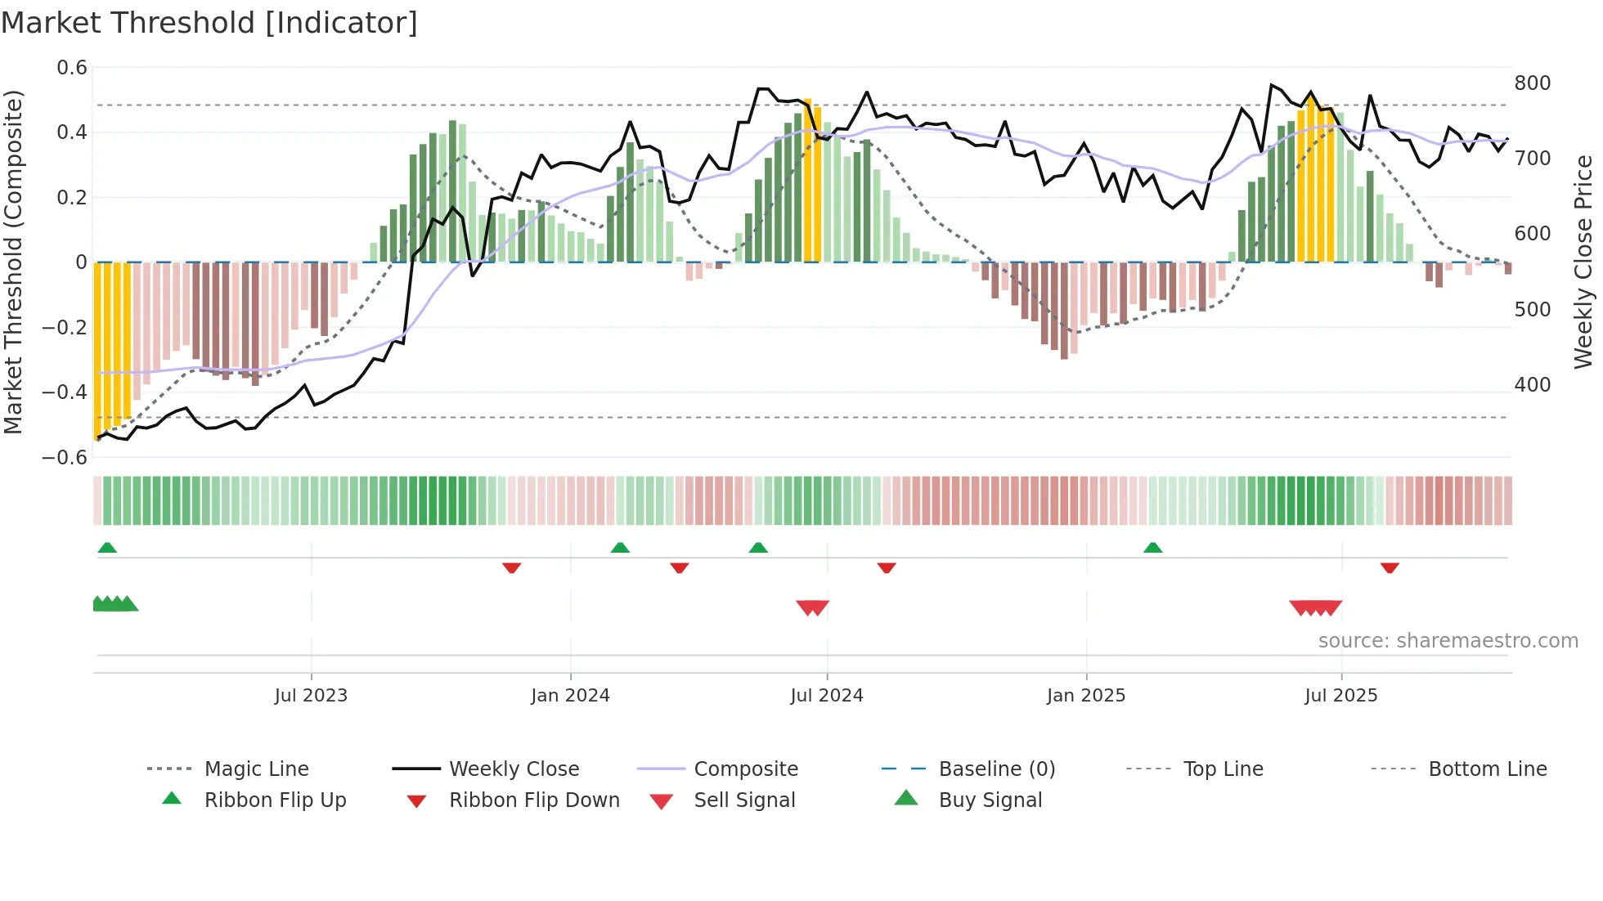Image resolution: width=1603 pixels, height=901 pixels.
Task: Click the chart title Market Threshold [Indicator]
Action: (x=209, y=23)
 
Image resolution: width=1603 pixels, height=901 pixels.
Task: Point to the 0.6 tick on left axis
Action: (x=72, y=68)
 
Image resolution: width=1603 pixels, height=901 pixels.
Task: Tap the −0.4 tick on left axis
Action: (x=65, y=392)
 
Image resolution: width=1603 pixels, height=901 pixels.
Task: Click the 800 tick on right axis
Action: (x=1532, y=83)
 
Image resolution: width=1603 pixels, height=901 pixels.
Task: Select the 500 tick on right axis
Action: (x=1532, y=310)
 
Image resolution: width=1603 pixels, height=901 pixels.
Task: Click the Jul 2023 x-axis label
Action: (x=311, y=696)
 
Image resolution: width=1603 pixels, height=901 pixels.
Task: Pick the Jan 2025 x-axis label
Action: (x=1085, y=696)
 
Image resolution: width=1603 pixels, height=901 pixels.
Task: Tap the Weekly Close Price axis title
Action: (x=1583, y=262)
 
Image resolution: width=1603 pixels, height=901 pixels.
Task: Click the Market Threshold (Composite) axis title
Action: (x=13, y=262)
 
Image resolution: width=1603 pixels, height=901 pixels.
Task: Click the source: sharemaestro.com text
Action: (x=1448, y=641)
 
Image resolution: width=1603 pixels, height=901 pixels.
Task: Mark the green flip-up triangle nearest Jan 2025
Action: (x=1152, y=548)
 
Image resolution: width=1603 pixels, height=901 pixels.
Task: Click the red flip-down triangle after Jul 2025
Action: (x=1390, y=567)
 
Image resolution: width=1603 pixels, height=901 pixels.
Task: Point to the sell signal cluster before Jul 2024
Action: (x=812, y=607)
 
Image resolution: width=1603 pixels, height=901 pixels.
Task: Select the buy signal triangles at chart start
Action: (x=115, y=604)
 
